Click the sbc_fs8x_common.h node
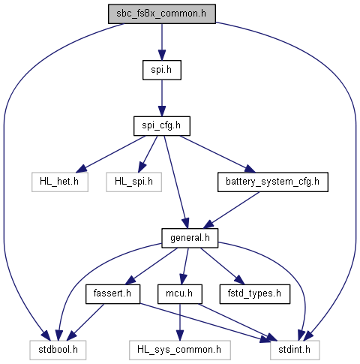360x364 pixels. tap(162, 14)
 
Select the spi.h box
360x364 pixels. tap(162, 70)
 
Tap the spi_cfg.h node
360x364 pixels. tap(162, 126)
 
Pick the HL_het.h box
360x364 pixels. tap(60, 182)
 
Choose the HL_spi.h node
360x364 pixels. tap(133, 182)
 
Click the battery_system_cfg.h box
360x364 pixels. tap(273, 182)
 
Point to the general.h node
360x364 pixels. tap(190, 238)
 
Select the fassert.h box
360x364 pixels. tap(112, 294)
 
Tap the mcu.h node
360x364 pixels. tap(180, 294)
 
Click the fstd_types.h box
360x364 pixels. tap(255, 294)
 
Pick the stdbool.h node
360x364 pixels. tap(58, 350)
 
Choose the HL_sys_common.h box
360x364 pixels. tap(180, 350)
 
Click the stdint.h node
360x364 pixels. tap(295, 350)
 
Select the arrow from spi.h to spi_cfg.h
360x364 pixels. tap(162, 98)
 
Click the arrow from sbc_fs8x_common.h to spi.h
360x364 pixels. tap(162, 42)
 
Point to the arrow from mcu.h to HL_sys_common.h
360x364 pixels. tap(180, 322)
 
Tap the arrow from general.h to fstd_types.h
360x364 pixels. tap(222, 266)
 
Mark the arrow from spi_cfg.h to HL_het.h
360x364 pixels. tap(110, 154)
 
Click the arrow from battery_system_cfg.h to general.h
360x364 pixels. tap(231, 210)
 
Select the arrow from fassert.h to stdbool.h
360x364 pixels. tap(86, 322)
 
